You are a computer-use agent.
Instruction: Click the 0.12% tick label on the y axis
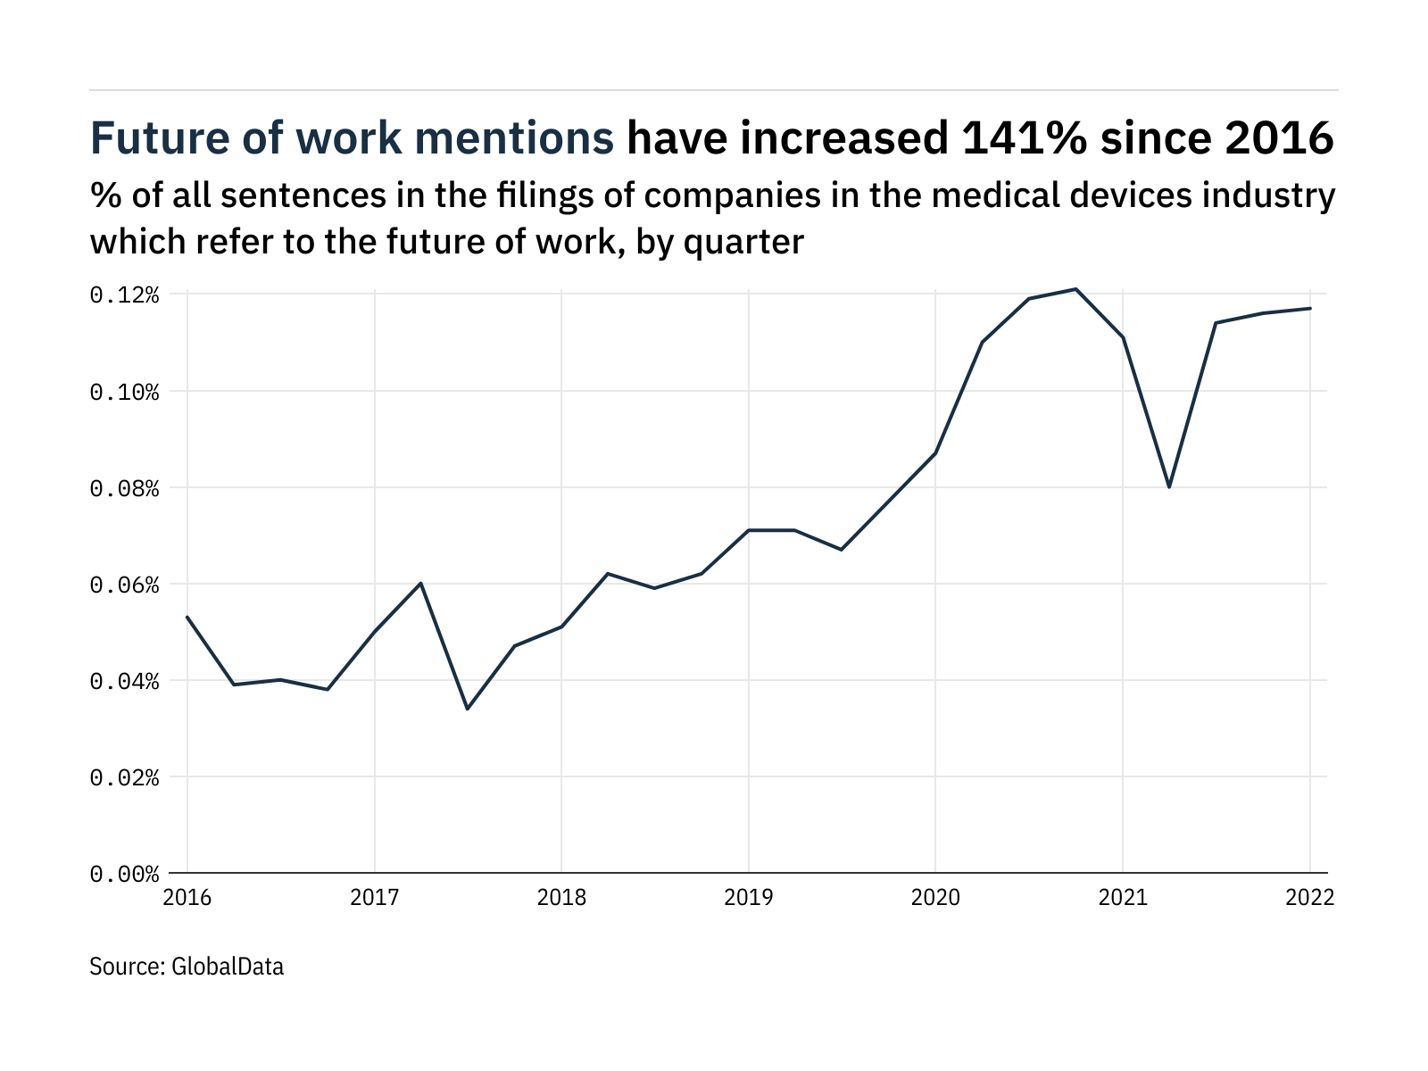point(124,295)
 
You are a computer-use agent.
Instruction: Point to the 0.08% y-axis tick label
point(124,488)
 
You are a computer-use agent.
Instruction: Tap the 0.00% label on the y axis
point(124,874)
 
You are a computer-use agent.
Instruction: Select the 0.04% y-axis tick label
point(124,681)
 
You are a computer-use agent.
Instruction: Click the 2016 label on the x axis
point(187,897)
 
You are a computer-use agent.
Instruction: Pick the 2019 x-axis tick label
point(748,897)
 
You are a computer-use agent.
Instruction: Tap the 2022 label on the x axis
point(1309,897)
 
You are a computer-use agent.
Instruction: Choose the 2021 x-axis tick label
point(1122,897)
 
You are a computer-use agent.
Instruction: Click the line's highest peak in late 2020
point(1075,289)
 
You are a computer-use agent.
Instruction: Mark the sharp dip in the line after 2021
point(1169,486)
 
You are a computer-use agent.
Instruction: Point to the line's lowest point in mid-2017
point(468,709)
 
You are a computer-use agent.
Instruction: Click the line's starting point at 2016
point(187,617)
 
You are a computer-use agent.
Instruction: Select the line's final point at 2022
point(1309,309)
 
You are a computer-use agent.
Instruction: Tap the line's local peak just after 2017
point(420,583)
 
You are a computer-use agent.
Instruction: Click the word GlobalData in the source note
point(227,966)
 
